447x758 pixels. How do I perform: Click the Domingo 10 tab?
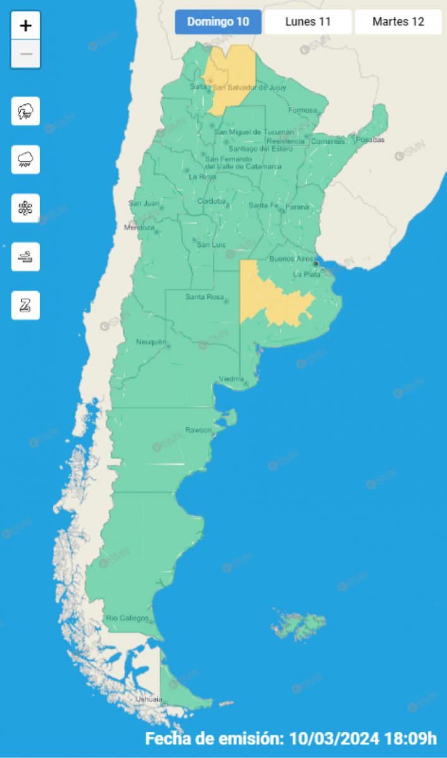click(217, 22)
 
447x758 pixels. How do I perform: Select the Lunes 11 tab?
click(308, 22)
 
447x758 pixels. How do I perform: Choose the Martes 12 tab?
click(398, 22)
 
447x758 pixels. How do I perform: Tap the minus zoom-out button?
click(26, 54)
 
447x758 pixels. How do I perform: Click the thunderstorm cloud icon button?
click(26, 111)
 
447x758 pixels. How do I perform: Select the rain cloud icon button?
click(26, 160)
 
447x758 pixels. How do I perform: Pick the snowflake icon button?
click(26, 208)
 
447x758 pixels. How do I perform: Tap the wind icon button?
click(26, 257)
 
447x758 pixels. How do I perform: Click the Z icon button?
click(26, 306)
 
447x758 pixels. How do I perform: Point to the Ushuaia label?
click(149, 699)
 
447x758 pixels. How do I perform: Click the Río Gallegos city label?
click(127, 618)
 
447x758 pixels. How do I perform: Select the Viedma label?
click(231, 378)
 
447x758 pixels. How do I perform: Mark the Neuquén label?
click(150, 342)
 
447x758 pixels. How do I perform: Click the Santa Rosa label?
click(202, 297)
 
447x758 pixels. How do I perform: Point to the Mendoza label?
click(139, 227)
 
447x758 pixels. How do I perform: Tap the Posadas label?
click(370, 140)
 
